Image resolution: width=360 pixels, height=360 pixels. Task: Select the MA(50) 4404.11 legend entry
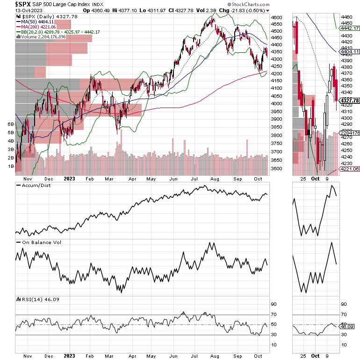click(x=38, y=22)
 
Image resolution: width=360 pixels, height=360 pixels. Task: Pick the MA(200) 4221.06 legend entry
click(x=39, y=27)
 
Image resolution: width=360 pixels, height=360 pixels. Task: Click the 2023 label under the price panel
click(x=69, y=178)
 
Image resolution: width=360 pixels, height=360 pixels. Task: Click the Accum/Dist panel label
click(x=34, y=185)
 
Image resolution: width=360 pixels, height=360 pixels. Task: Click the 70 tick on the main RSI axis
click(x=274, y=314)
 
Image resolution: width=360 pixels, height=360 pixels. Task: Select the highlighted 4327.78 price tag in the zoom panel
click(x=350, y=101)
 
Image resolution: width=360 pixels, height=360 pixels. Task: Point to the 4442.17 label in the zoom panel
click(x=350, y=28)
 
